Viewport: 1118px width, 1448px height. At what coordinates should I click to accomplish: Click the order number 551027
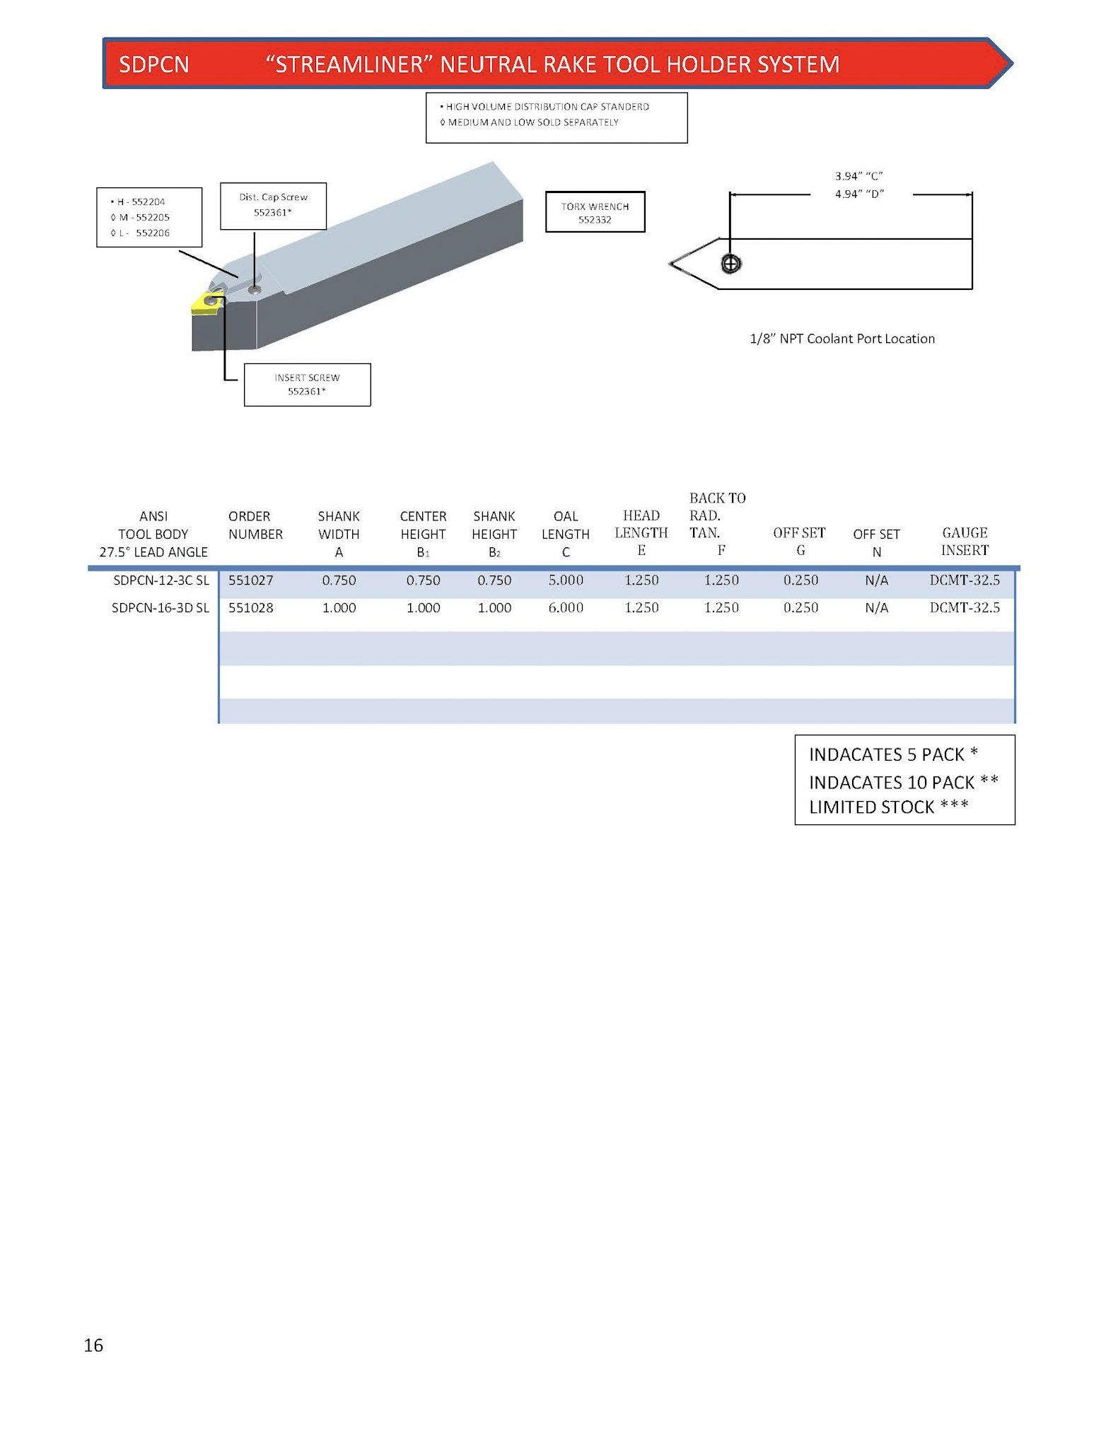coord(250,580)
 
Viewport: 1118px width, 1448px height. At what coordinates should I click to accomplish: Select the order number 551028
coord(250,608)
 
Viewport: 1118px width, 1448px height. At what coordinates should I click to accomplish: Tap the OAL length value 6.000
coord(566,608)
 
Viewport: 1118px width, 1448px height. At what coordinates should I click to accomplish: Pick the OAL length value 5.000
coord(566,580)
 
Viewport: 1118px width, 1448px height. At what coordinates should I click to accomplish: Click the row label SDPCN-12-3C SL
coord(161,580)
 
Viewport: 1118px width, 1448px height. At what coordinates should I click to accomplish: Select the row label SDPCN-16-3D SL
coord(161,608)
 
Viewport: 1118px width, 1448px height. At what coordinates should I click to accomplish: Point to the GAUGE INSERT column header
coord(965,542)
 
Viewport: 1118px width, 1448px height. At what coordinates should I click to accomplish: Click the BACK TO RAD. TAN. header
coord(717,524)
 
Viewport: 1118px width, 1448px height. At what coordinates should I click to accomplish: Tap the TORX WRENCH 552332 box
coord(595,212)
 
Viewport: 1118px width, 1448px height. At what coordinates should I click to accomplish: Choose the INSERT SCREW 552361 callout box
coord(307,385)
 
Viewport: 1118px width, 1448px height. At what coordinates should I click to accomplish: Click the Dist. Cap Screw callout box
coord(273,206)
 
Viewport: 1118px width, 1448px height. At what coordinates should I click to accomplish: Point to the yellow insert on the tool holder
coord(206,305)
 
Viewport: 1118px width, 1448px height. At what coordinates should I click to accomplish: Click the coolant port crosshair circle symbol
coord(730,264)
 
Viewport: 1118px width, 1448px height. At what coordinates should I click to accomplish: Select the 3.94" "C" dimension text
coord(858,176)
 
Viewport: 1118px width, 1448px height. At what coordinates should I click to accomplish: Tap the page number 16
coord(93,1345)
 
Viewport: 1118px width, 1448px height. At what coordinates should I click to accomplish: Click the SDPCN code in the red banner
coord(154,65)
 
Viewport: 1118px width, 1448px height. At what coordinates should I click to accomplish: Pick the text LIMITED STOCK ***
coord(889,807)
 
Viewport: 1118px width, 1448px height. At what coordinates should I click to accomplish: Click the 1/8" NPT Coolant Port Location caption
coord(842,339)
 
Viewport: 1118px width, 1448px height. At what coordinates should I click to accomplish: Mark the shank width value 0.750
coord(339,580)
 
